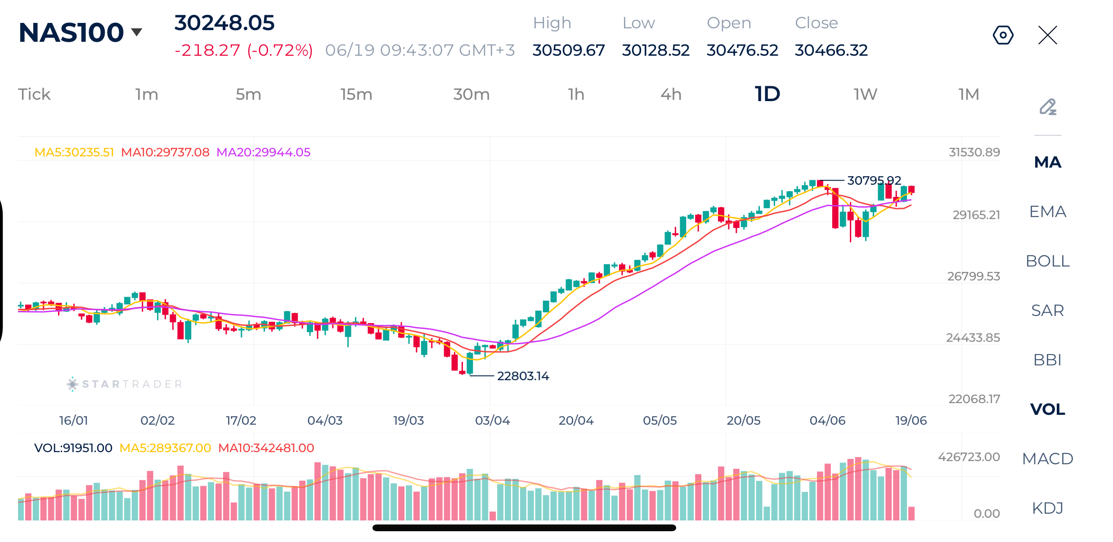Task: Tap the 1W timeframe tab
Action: click(x=865, y=94)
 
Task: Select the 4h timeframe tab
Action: click(x=671, y=94)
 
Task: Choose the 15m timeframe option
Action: click(x=356, y=94)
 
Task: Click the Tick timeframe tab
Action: click(x=34, y=94)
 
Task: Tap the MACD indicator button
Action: click(x=1048, y=459)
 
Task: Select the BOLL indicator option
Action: click(x=1048, y=261)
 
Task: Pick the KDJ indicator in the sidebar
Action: click(x=1048, y=508)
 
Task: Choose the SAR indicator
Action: click(x=1048, y=311)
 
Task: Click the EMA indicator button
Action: click(x=1048, y=212)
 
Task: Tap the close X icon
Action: click(x=1047, y=35)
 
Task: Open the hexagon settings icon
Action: click(x=1003, y=35)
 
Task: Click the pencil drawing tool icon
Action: click(x=1048, y=107)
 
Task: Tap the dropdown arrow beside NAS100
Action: click(x=136, y=32)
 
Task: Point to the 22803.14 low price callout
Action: click(x=523, y=376)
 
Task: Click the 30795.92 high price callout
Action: click(x=874, y=180)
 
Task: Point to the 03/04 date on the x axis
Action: click(x=493, y=420)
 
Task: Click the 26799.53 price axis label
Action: click(x=974, y=276)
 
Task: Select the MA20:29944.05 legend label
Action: click(x=263, y=152)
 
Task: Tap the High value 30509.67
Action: click(x=569, y=50)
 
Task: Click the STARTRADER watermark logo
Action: click(x=125, y=384)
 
